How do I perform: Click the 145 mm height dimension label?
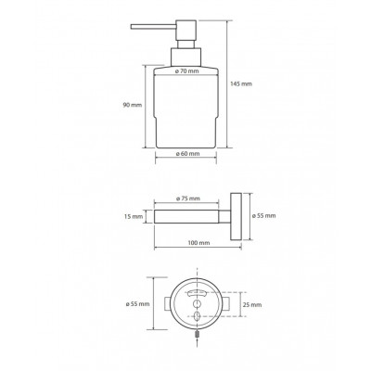[241, 83]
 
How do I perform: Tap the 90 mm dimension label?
[133, 105]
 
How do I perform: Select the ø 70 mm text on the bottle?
[186, 71]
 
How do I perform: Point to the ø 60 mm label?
[187, 153]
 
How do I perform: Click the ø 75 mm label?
[188, 198]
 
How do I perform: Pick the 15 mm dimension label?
[134, 216]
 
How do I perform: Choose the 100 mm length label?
[198, 243]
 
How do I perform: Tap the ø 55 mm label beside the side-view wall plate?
[263, 216]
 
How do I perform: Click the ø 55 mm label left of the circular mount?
[137, 304]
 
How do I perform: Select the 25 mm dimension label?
[252, 305]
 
